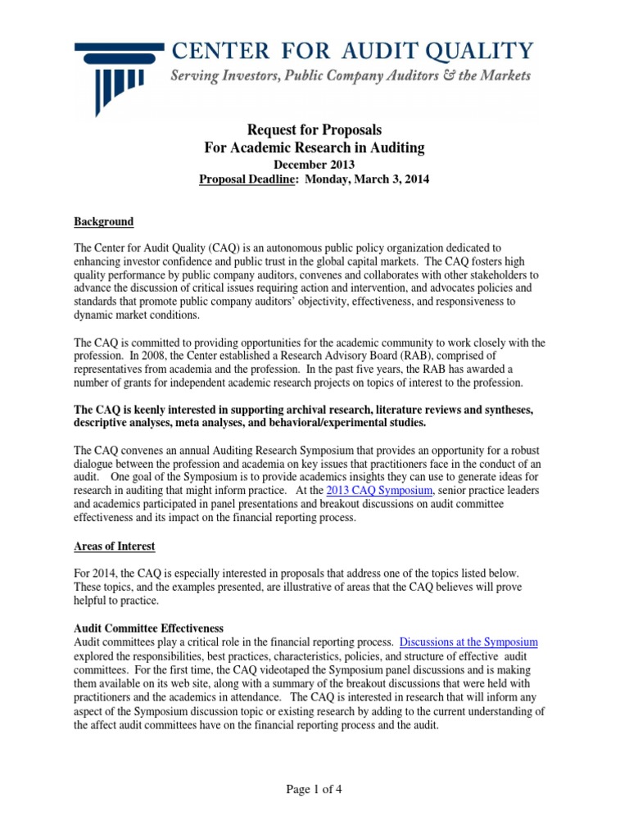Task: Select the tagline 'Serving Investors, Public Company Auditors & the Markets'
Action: pyautogui.click(x=350, y=77)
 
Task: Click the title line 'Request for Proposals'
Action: pyautogui.click(x=314, y=130)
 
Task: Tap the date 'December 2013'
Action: pyautogui.click(x=314, y=164)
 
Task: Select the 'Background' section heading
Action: pyautogui.click(x=104, y=222)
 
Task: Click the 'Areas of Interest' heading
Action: pyautogui.click(x=115, y=546)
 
